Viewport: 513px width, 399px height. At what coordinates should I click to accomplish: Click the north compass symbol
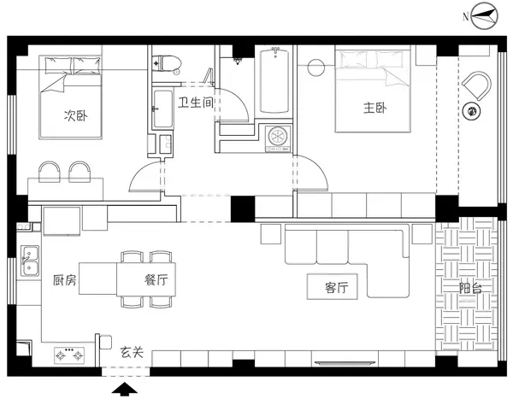pos(483,15)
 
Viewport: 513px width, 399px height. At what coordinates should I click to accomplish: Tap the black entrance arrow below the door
pos(125,390)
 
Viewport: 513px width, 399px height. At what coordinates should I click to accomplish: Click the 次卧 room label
pos(76,115)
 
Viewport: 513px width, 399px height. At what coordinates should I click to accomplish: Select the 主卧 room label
pos(375,108)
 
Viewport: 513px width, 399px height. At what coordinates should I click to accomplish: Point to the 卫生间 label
pos(195,103)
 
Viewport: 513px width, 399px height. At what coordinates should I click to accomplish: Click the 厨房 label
pos(65,280)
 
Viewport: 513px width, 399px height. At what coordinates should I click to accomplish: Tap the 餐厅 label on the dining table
pos(156,279)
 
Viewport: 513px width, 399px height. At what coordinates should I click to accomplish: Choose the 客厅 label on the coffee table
pos(337,287)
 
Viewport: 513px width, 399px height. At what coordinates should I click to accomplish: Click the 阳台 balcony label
pos(470,288)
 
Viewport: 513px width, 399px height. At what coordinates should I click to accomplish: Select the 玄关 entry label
pos(132,352)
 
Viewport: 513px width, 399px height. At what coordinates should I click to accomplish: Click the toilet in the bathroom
pos(167,63)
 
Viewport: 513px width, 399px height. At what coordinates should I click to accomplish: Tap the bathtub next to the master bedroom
pos(274,80)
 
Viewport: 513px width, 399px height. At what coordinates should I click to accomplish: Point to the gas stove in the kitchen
pos(69,355)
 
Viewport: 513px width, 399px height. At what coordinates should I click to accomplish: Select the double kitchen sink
pos(30,261)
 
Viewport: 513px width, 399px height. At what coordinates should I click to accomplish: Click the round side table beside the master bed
pos(316,67)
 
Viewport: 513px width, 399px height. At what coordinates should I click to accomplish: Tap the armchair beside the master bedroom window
pos(477,85)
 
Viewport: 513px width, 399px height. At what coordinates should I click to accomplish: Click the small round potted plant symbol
pos(471,111)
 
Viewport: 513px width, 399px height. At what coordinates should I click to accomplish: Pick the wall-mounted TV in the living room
pos(345,363)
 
